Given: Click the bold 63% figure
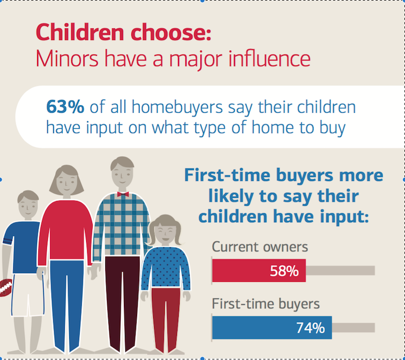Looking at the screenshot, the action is click(65, 106).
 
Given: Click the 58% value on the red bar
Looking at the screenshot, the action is click(284, 271).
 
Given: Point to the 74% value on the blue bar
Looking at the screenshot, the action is click(310, 328).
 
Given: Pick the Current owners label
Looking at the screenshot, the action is click(260, 247).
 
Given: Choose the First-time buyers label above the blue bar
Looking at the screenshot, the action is click(266, 304).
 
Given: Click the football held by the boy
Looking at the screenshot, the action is click(6, 287).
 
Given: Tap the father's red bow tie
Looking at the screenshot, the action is click(123, 194).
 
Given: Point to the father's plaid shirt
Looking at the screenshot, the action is click(121, 225).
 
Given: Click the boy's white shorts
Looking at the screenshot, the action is click(28, 295).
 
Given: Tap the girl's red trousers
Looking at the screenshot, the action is click(166, 319).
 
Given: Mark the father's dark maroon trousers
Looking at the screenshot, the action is click(122, 303).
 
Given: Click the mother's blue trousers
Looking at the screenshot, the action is click(66, 305).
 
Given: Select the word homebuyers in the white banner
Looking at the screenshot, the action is click(177, 107).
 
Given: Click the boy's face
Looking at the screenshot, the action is click(28, 208).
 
